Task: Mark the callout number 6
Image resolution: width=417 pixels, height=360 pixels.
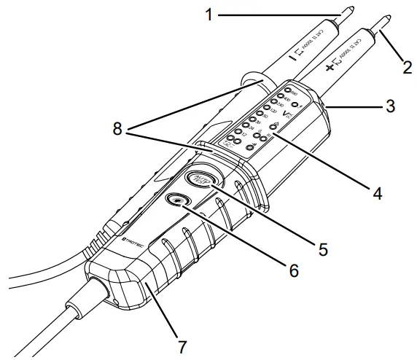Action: point(292,270)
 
